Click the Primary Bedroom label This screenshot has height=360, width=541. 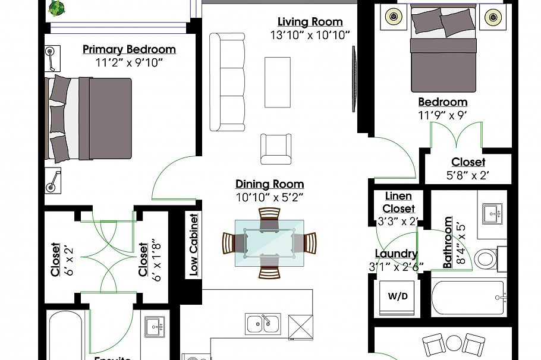[129, 49]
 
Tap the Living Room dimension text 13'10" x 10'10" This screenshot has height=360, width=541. [310, 35]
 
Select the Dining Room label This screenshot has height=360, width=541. [269, 184]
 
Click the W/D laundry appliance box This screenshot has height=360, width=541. [398, 296]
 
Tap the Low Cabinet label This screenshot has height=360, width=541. [193, 245]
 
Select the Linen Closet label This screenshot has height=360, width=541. [398, 202]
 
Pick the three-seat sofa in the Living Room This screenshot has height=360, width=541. [227, 82]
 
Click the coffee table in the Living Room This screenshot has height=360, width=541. [277, 82]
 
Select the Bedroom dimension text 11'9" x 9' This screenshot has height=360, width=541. [442, 116]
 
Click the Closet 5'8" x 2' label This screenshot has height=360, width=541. [468, 162]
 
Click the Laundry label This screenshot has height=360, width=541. [396, 254]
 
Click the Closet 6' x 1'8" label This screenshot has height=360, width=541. [143, 259]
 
